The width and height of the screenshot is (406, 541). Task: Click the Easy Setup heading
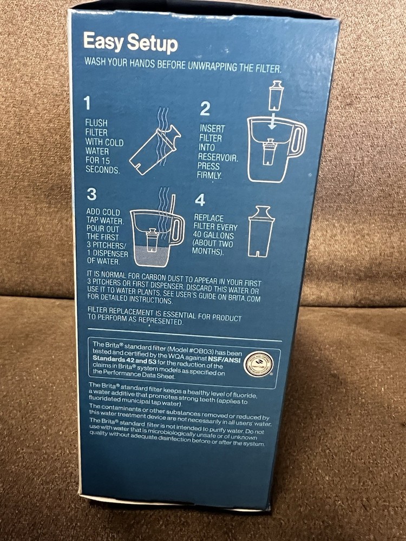pyautogui.click(x=130, y=43)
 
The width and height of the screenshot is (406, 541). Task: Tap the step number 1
pyautogui.click(x=87, y=103)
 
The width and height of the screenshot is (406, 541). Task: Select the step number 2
pyautogui.click(x=205, y=109)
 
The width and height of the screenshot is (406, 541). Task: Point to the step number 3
pyautogui.click(x=92, y=194)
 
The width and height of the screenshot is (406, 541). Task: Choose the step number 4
pyautogui.click(x=200, y=200)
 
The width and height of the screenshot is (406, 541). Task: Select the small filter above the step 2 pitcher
pyautogui.click(x=276, y=96)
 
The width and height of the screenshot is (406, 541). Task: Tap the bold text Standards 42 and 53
pyautogui.click(x=124, y=358)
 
